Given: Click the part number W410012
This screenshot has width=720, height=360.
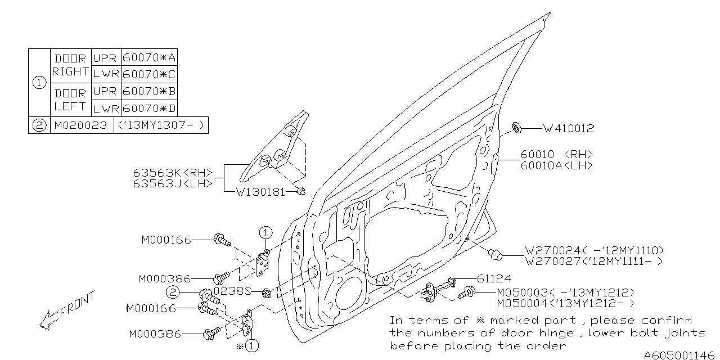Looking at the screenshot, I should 568,129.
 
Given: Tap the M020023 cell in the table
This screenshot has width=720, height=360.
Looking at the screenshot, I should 80,125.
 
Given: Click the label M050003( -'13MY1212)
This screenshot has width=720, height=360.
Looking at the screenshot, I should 565,292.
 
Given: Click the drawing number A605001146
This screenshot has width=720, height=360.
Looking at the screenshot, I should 680,355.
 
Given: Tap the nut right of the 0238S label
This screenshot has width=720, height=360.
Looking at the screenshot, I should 267,292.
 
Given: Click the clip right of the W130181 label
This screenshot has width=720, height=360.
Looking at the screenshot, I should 301,192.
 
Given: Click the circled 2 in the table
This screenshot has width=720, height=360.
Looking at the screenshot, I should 39,125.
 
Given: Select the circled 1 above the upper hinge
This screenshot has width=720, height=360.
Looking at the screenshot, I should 265,231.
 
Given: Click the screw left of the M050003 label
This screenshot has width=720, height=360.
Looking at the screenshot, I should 466,292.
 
